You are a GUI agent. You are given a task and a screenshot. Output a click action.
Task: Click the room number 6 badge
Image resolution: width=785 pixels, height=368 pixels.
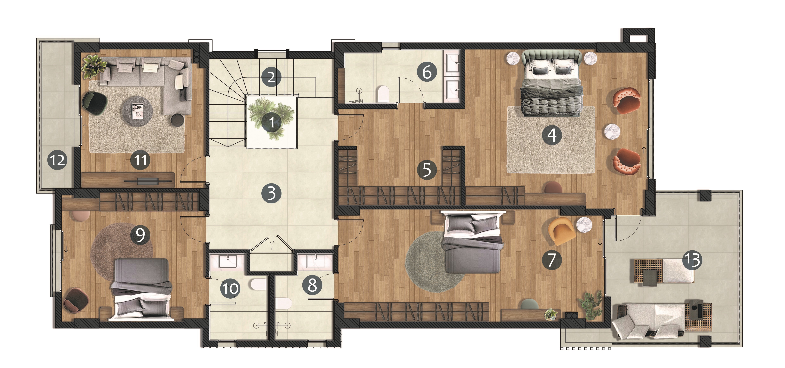point(427,72)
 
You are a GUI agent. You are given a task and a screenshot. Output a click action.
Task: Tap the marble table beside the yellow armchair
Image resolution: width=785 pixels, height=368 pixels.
point(584,225)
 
